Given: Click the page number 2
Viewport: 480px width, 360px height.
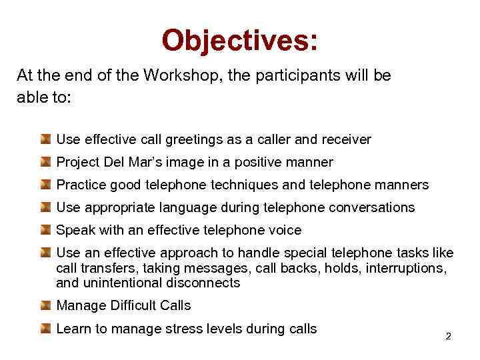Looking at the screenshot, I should point(448,336).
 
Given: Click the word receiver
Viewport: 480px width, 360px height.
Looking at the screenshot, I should point(346,140).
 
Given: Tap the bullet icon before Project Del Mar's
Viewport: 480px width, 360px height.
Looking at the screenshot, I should point(45,162).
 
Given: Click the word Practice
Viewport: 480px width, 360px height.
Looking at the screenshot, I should point(81,185).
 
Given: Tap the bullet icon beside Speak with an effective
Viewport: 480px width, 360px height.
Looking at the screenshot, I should point(45,230).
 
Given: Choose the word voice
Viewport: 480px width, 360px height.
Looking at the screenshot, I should point(285,230).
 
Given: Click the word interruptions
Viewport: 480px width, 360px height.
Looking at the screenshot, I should point(411,268).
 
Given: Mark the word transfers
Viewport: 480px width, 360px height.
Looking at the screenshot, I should point(105,268).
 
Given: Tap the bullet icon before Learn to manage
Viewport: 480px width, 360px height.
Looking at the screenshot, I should point(45,328).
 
